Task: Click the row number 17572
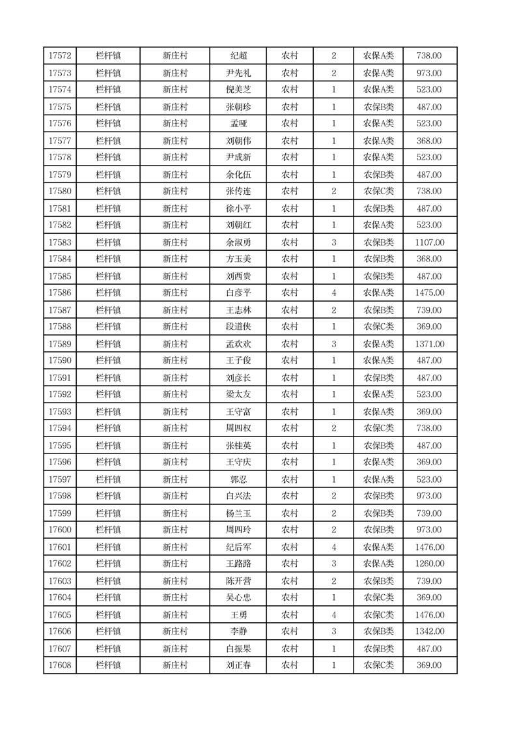pyautogui.click(x=60, y=56)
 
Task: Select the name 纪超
pyautogui.click(x=238, y=56)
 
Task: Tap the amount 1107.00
pyautogui.click(x=430, y=242)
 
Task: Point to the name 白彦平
pyautogui.click(x=238, y=293)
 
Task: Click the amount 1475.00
pyautogui.click(x=430, y=293)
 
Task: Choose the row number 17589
pyautogui.click(x=60, y=344)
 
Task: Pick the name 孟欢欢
pyautogui.click(x=238, y=344)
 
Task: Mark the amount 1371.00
pyautogui.click(x=430, y=344)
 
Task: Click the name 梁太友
pyautogui.click(x=238, y=395)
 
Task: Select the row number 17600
pyautogui.click(x=60, y=530)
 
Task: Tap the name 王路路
pyautogui.click(x=238, y=564)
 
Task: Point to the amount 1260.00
pyautogui.click(x=430, y=564)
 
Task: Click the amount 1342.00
pyautogui.click(x=430, y=631)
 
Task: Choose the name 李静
pyautogui.click(x=238, y=631)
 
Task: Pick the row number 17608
pyautogui.click(x=60, y=665)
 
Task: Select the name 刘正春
pyautogui.click(x=238, y=665)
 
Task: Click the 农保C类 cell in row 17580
pyautogui.click(x=378, y=192)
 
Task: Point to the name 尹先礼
pyautogui.click(x=238, y=73)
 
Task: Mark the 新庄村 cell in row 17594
pyautogui.click(x=175, y=429)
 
